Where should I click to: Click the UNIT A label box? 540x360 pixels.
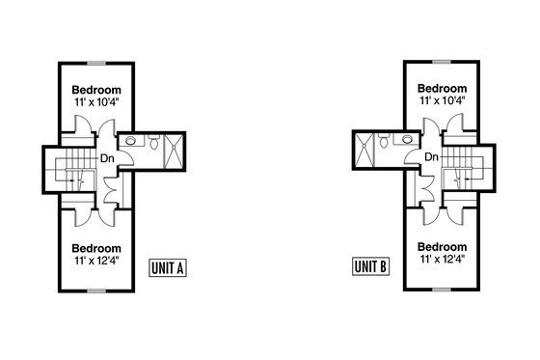point(168,268)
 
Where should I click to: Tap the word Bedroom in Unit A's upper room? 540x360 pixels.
point(95,86)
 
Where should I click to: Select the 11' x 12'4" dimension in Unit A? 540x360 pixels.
point(95,259)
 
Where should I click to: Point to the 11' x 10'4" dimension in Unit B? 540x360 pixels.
point(443,99)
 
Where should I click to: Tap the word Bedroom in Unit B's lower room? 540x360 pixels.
point(443,246)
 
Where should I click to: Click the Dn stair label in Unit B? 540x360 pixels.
point(431,157)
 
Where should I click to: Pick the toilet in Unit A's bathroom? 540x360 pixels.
point(155,144)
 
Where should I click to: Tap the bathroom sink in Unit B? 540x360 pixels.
point(406,140)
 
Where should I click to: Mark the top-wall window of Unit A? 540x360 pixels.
point(95,65)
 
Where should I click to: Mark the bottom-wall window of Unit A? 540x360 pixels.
point(95,290)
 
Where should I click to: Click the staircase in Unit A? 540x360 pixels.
point(71,170)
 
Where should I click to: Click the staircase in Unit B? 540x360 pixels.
point(467,170)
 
